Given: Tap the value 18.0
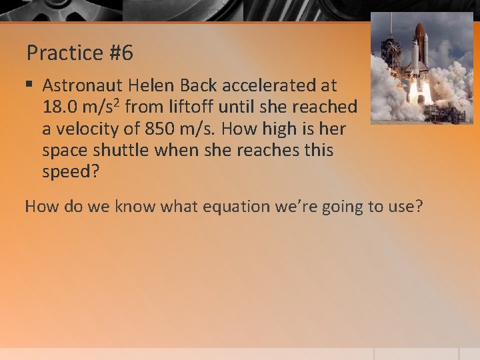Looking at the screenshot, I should [59, 107].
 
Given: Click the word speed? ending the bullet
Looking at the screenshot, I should [70, 171].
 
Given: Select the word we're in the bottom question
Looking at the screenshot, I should [300, 206].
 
